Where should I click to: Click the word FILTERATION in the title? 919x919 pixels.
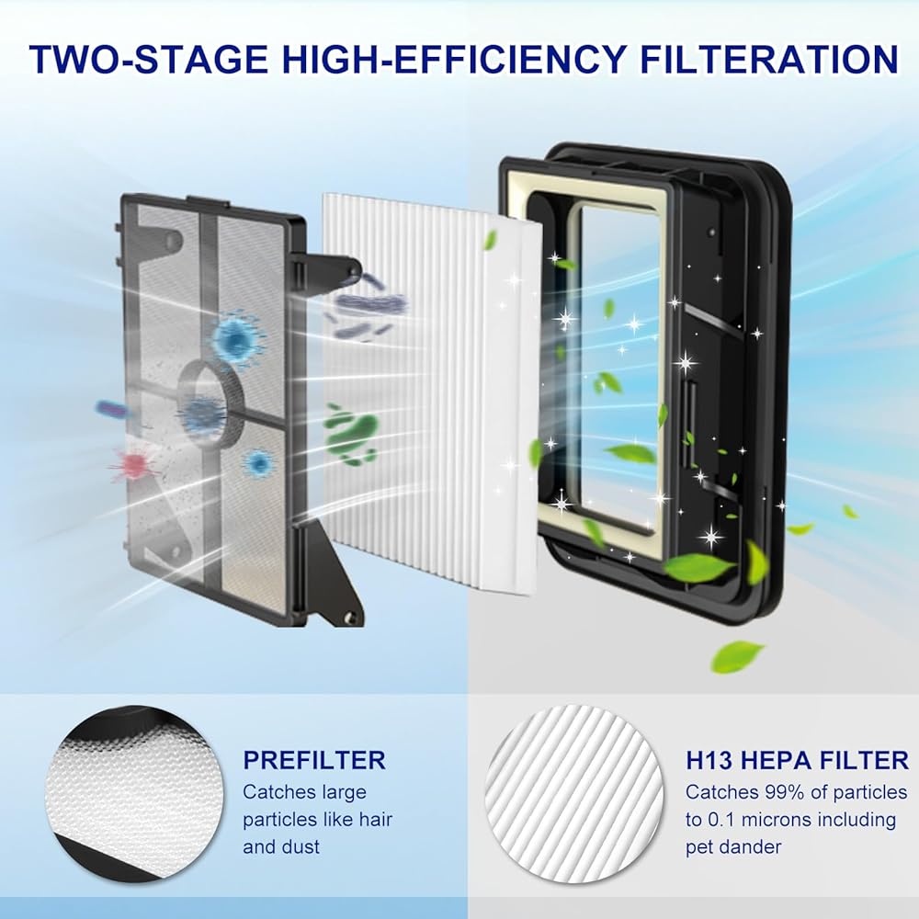(769, 59)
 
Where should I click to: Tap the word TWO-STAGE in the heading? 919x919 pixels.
(148, 59)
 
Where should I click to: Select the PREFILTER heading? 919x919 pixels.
(314, 760)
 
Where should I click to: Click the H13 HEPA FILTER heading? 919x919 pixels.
(797, 760)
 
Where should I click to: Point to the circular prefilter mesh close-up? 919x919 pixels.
(135, 794)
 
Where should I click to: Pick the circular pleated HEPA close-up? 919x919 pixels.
(574, 794)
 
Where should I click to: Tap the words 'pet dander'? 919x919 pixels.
(733, 847)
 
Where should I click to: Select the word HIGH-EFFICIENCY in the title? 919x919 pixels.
(454, 59)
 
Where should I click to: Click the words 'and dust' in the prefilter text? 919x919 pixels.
(281, 847)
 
